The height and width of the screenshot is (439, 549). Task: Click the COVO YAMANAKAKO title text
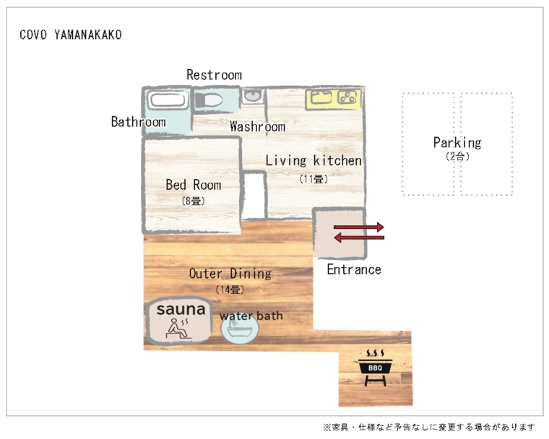coord(71,35)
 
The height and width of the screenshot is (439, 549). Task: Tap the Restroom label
coord(214,75)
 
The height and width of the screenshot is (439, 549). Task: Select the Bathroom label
coord(138,122)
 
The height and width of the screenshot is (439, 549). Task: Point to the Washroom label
coord(257,127)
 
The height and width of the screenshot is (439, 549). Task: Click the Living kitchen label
coord(313,161)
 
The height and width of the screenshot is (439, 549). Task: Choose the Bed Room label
coord(193,186)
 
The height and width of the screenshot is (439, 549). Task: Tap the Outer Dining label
coord(230,274)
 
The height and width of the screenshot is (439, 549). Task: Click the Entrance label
coord(353,270)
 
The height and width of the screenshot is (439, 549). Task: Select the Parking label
coord(457,143)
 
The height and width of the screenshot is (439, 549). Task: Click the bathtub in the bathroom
coord(168,100)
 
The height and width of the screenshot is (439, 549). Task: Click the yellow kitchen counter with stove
coord(333,99)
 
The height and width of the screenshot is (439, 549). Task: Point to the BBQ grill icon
coord(375,368)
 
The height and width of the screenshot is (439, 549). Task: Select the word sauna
coord(181,310)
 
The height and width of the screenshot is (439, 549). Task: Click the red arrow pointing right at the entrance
coord(359,227)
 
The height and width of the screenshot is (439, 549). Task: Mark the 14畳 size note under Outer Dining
coord(230,290)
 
